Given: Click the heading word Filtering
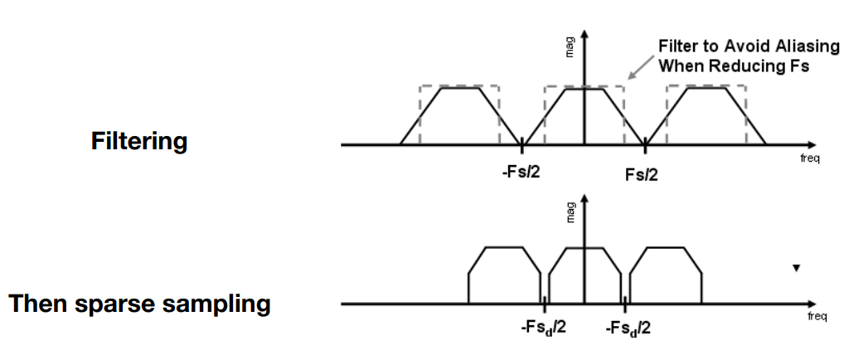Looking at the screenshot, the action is [x=139, y=141].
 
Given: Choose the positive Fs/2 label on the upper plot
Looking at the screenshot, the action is [x=644, y=174].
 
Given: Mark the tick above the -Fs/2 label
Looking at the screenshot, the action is [x=521, y=145].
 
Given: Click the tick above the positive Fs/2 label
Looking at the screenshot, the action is [x=645, y=145].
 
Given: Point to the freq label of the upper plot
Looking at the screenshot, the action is [x=809, y=158].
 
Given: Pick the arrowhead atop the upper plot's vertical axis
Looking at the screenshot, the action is [x=584, y=35].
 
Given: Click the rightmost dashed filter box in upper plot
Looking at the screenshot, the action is [x=706, y=114].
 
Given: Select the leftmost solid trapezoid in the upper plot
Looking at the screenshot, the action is [x=460, y=116].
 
